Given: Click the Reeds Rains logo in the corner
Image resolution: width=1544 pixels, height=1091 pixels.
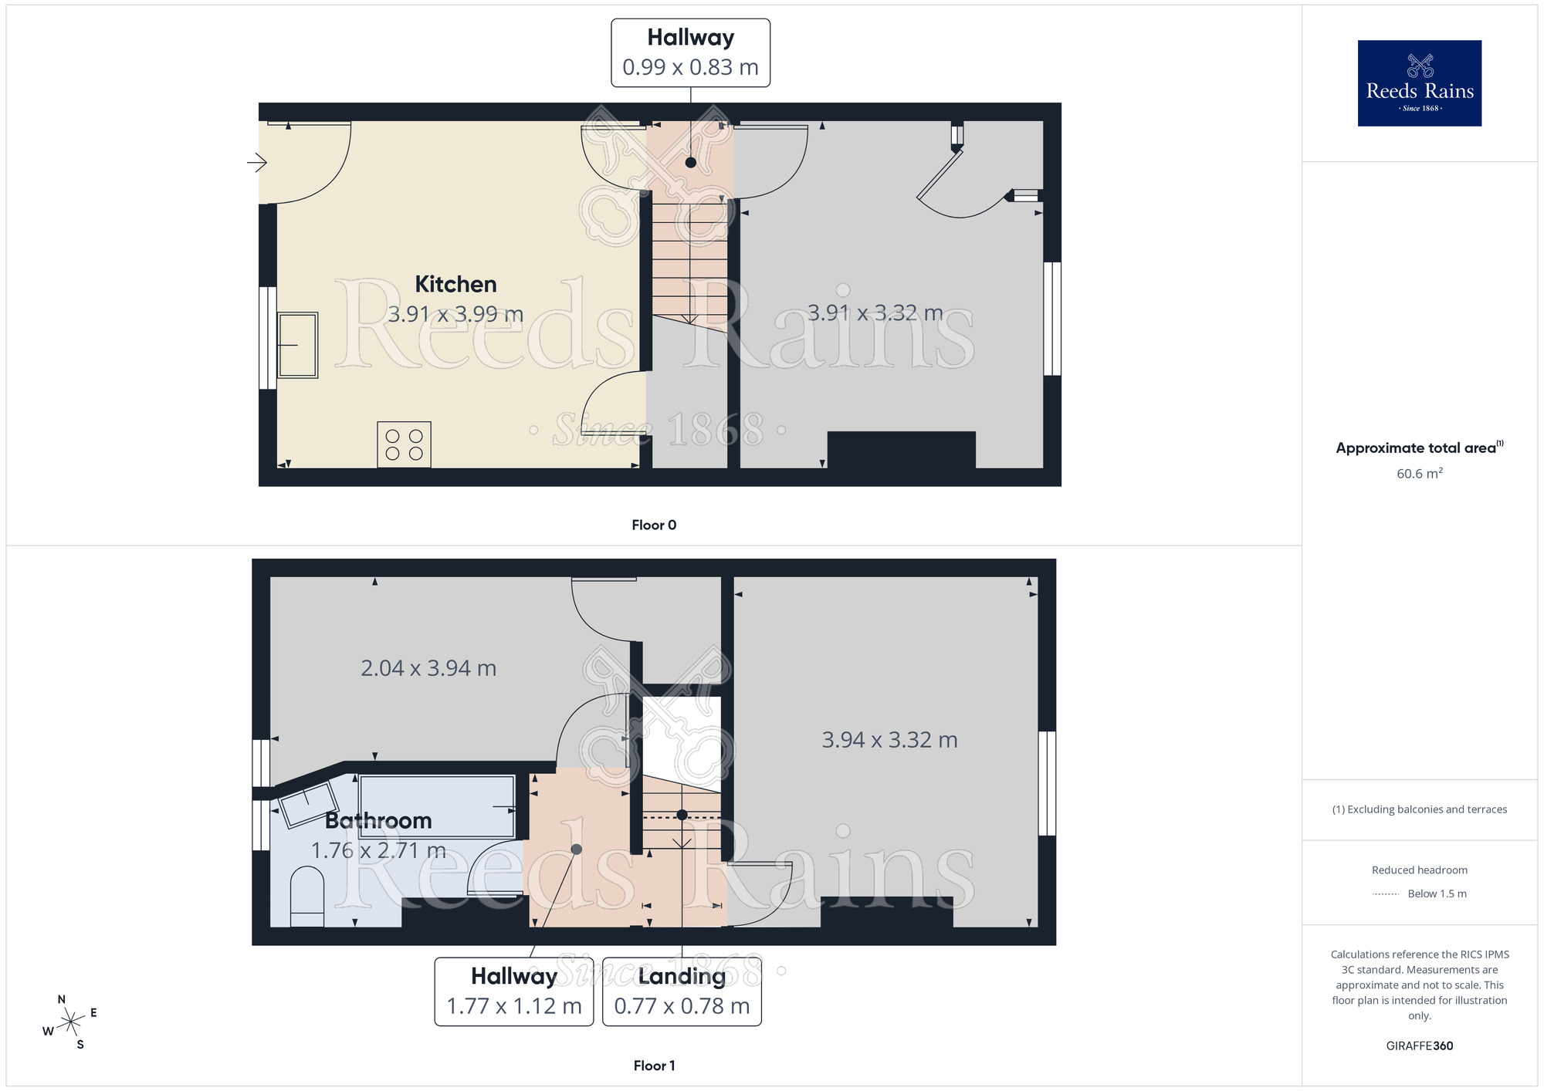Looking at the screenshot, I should pyautogui.click(x=1419, y=83).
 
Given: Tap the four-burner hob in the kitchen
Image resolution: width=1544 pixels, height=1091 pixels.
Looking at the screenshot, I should pyautogui.click(x=404, y=444).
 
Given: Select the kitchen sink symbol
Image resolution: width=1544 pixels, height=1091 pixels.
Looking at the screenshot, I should pyautogui.click(x=297, y=345).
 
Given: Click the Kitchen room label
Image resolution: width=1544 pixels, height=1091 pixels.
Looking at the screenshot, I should pyautogui.click(x=455, y=284).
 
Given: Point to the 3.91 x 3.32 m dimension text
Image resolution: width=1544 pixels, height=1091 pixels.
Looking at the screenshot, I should pyautogui.click(x=875, y=312).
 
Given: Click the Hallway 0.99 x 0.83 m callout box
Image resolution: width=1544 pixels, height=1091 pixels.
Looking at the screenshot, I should pyautogui.click(x=690, y=52).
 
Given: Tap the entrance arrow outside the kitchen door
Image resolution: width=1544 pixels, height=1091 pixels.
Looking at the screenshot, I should pyautogui.click(x=257, y=162).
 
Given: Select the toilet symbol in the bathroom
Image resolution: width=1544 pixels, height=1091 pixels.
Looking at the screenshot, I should pyautogui.click(x=307, y=895).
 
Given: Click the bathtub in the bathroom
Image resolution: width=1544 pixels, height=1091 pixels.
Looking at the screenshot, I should pyautogui.click(x=437, y=806).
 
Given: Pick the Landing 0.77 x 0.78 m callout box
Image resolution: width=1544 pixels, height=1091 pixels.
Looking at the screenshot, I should pyautogui.click(x=682, y=991).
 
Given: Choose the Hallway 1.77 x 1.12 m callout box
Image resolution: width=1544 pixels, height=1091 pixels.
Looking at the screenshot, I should pyautogui.click(x=514, y=991).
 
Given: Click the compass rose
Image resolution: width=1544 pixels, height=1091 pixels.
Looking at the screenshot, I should pyautogui.click(x=71, y=1022).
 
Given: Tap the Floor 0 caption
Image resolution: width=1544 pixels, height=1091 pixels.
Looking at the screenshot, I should pyautogui.click(x=654, y=525).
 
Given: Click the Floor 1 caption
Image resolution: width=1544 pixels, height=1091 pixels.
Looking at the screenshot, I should pyautogui.click(x=654, y=1066).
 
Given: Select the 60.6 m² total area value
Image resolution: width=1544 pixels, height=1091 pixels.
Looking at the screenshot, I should pyautogui.click(x=1419, y=473).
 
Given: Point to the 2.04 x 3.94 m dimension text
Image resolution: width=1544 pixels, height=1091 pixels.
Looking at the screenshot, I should pyautogui.click(x=428, y=667).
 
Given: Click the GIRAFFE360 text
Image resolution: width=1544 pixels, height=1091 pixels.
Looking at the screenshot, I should pyautogui.click(x=1419, y=1045).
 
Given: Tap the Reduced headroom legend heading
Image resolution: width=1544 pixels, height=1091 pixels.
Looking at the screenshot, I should pyautogui.click(x=1419, y=870).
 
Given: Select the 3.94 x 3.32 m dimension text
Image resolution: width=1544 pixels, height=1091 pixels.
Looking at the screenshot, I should pyautogui.click(x=889, y=739).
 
